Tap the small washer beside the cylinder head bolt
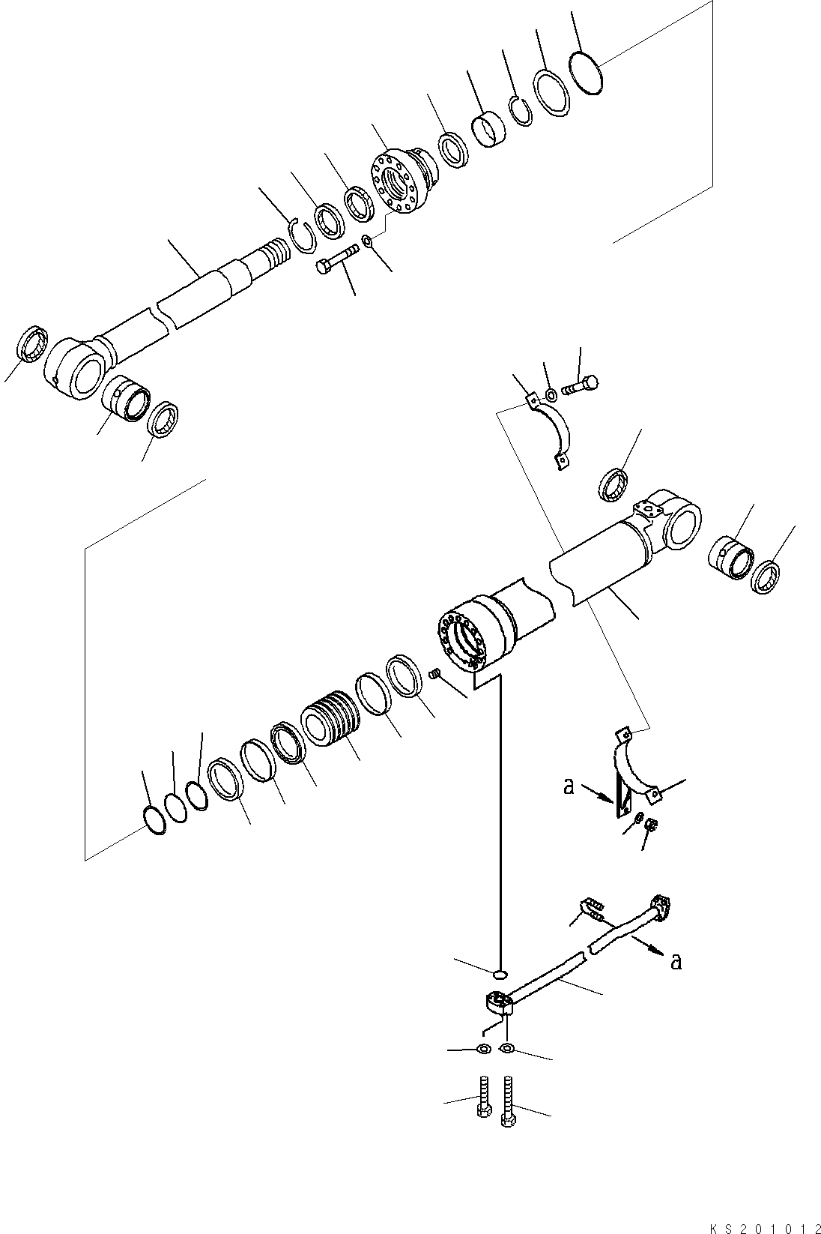point(367,241)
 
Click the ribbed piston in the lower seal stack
point(330,718)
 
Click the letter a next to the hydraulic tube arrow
point(676,960)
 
